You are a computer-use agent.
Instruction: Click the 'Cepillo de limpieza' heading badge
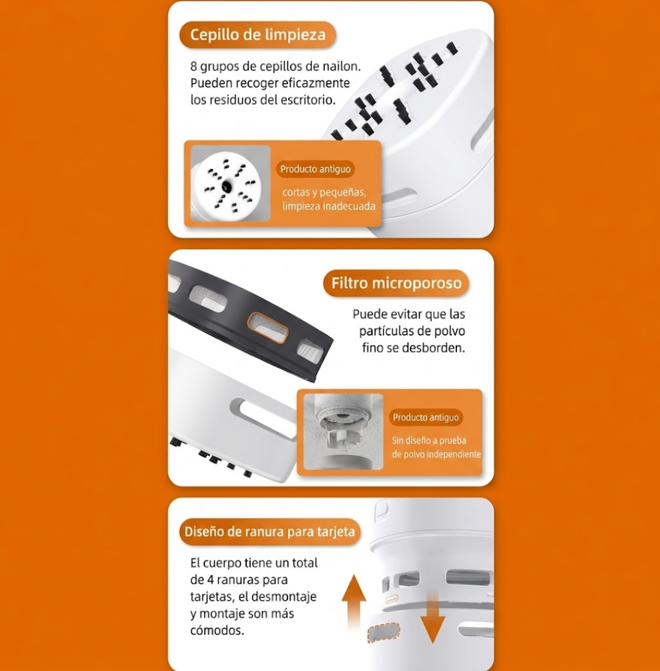pyautogui.click(x=258, y=35)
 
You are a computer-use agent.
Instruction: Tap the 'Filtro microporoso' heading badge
pyautogui.click(x=396, y=283)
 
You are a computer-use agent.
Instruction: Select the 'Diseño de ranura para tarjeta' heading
pyautogui.click(x=269, y=532)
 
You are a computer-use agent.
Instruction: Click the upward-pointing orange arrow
pyautogui.click(x=354, y=601)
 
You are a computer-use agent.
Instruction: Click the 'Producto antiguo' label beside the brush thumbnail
pyautogui.click(x=315, y=169)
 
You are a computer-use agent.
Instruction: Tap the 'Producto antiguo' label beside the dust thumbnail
pyautogui.click(x=426, y=417)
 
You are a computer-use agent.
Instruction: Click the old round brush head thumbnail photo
pyautogui.click(x=230, y=183)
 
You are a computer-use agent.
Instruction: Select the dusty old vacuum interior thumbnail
pyautogui.click(x=344, y=432)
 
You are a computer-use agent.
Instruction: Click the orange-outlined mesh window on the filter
pyautogui.click(x=268, y=327)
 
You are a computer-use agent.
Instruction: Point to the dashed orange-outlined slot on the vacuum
pyautogui.click(x=384, y=632)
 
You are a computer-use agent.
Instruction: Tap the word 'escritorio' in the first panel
pyautogui.click(x=308, y=100)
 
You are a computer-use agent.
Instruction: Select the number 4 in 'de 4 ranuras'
pyautogui.click(x=210, y=580)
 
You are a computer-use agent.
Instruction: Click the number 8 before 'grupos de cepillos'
pyautogui.click(x=193, y=66)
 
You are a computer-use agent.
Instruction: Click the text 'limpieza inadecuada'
pyautogui.click(x=329, y=206)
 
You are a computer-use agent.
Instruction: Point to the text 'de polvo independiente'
pyautogui.click(x=436, y=454)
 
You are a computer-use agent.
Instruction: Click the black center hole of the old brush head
pyautogui.click(x=227, y=186)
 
